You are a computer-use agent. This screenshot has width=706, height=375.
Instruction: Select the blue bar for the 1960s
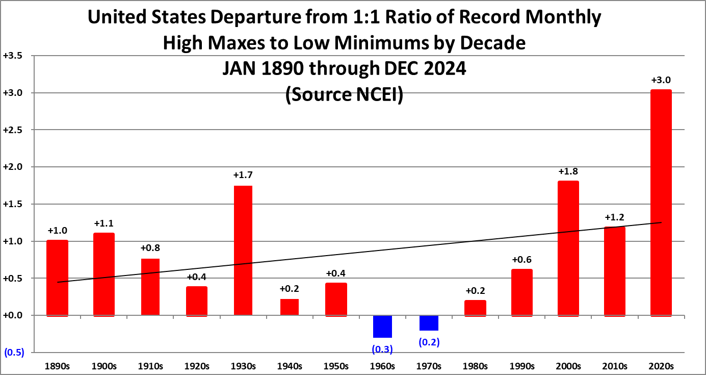coord(382,327)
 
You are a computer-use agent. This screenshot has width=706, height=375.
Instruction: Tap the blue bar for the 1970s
coord(429,323)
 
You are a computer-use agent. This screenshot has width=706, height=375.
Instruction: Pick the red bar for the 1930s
coord(243,251)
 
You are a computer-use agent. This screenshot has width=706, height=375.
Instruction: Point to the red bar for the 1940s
coord(290,307)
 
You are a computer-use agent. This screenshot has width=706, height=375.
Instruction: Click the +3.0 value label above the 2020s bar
coord(661,80)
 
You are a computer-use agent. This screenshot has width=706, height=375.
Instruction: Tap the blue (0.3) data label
coord(382,349)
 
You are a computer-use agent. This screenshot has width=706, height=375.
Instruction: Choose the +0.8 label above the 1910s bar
coord(150,248)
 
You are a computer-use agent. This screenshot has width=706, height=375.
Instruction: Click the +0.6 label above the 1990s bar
coord(521,259)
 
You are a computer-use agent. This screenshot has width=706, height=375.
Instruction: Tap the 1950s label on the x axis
coord(336,366)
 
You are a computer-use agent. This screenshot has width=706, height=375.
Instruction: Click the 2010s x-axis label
coord(614,366)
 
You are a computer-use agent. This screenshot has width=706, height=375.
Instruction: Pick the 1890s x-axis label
coord(58,366)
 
